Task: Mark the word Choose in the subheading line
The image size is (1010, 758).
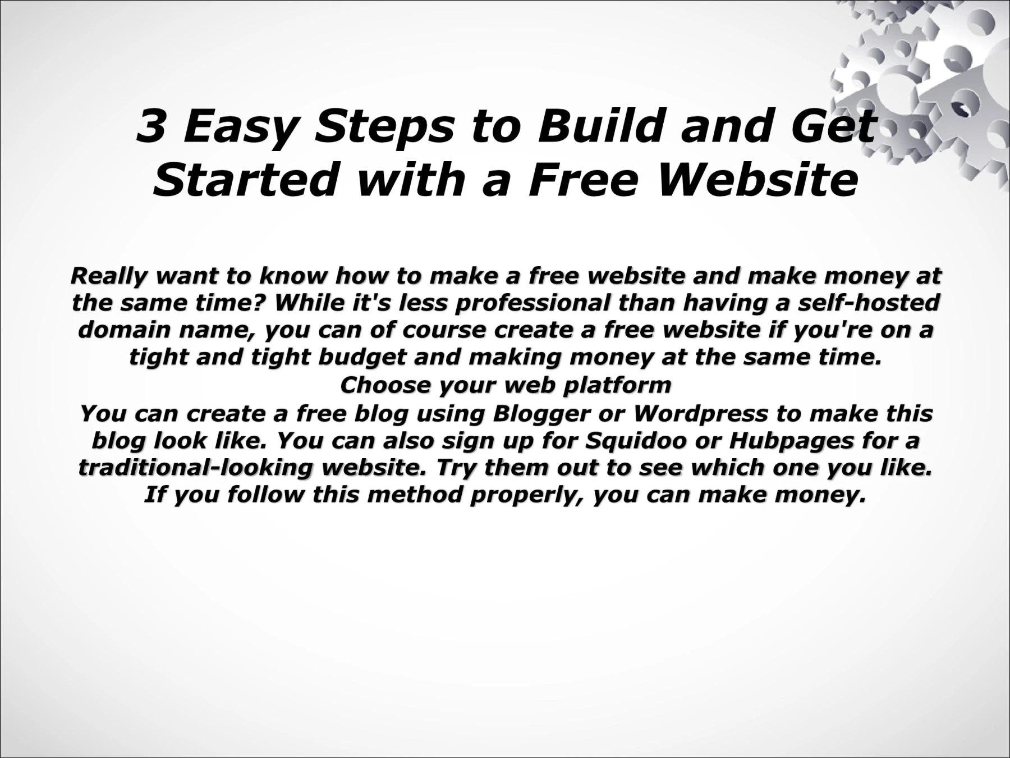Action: click(385, 386)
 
